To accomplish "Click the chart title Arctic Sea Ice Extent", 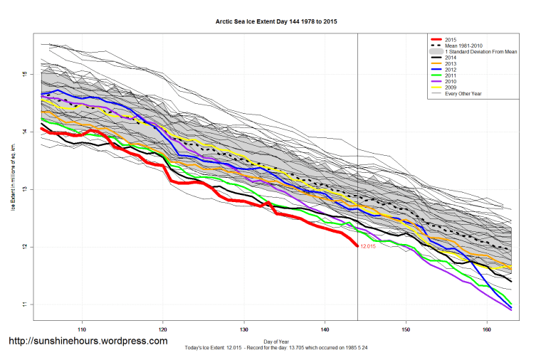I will tap(276, 22).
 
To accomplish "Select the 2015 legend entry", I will tap(448, 40).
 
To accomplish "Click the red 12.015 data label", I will tap(367, 247).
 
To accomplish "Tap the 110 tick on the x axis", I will tap(82, 329).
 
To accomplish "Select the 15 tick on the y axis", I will tap(24, 74).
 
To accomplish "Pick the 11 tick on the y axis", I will tap(24, 305).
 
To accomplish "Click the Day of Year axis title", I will tap(276, 340).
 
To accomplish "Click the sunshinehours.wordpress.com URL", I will tap(88, 341).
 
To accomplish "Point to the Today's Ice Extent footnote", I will tap(276, 347).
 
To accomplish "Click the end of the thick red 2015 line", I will tap(357, 246).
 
